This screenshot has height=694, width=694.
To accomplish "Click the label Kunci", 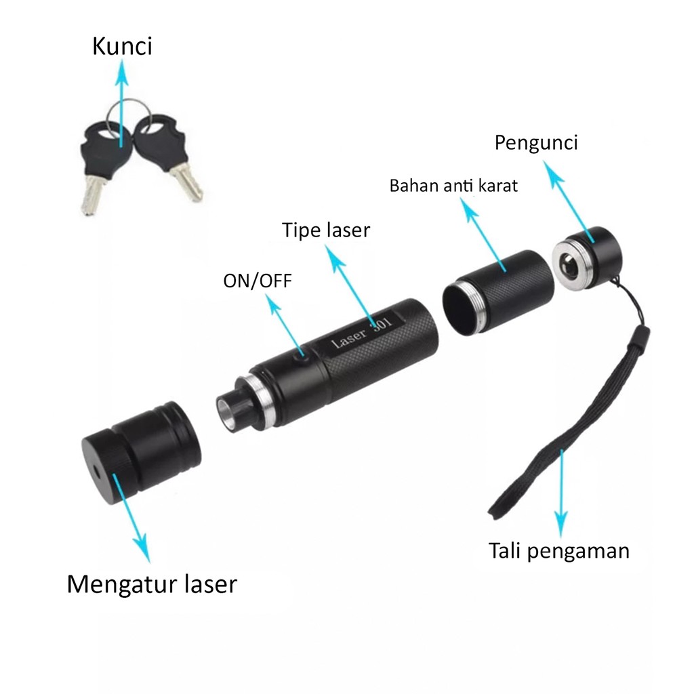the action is pyautogui.click(x=122, y=47).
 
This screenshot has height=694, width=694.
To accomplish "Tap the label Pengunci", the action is pyautogui.click(x=535, y=144).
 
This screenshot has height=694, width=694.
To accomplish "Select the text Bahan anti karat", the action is pyautogui.click(x=453, y=186).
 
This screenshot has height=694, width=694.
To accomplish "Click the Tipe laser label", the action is pyautogui.click(x=326, y=230).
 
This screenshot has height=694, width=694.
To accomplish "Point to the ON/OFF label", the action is pyautogui.click(x=258, y=281).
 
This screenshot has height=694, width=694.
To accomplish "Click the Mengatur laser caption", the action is pyautogui.click(x=152, y=584).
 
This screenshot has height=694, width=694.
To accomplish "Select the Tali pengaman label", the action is pyautogui.click(x=559, y=550).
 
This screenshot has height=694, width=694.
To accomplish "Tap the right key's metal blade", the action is pyautogui.click(x=186, y=181).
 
